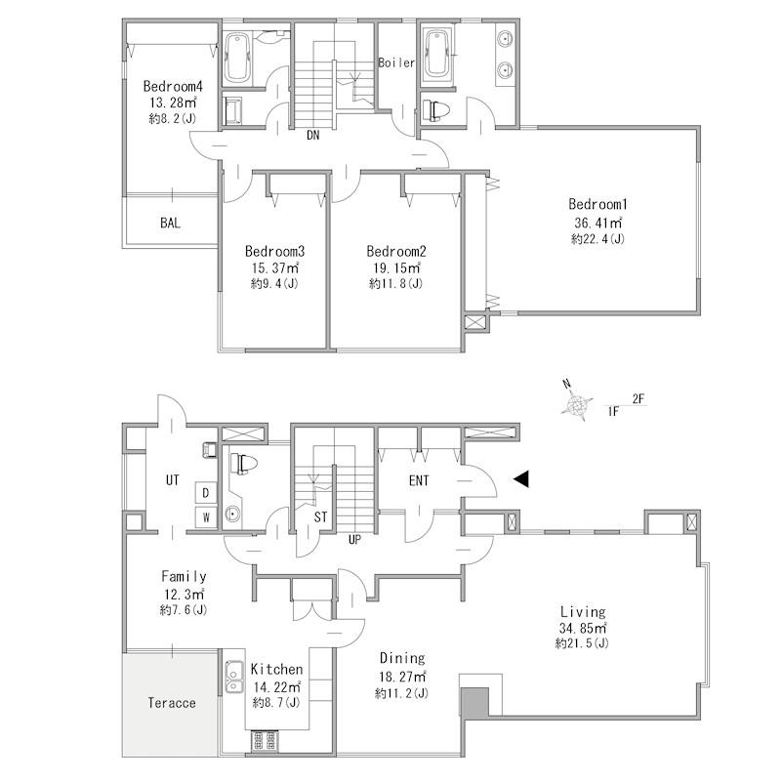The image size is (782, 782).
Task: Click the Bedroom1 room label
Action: coord(597,204)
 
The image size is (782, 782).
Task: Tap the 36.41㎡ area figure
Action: coord(597,222)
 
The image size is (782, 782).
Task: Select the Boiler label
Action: coord(396,62)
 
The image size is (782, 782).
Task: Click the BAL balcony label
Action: coord(170,223)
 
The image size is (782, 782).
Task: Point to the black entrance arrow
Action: coord(521,478)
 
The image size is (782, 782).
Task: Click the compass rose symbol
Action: coord(577,404)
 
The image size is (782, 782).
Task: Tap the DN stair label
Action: coord(312,135)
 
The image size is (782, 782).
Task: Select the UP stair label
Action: coord(354,540)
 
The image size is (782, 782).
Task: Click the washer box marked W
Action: coord(205,516)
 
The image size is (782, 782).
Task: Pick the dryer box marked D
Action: coord(205,492)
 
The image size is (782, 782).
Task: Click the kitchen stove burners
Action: coord(265,741)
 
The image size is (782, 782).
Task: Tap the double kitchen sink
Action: coord(233,677)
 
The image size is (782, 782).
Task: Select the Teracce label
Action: coord(172,703)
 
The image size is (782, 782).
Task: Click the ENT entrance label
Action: coord(419,480)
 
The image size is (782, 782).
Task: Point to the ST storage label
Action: coord(320,517)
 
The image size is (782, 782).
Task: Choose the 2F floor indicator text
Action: coord(638,398)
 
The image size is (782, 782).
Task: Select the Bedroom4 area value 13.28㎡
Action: coord(173,103)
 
